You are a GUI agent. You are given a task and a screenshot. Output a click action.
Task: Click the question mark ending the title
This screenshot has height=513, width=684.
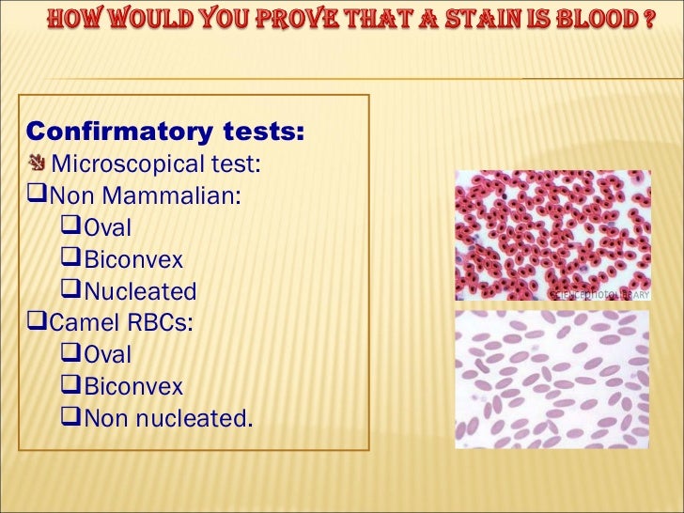coord(648,21)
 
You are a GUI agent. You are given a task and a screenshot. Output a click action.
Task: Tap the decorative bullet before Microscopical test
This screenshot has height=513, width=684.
coord(38,164)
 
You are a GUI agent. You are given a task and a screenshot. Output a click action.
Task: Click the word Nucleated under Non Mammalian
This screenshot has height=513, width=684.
coord(140,291)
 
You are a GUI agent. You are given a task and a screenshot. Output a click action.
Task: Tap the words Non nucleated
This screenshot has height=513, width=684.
coord(168,418)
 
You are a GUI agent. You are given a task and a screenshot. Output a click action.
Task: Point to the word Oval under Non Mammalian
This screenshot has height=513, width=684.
coord(107,228)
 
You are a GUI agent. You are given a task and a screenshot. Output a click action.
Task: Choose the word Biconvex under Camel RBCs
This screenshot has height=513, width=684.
coord(132,386)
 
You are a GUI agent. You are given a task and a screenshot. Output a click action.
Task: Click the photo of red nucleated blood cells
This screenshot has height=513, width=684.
coord(552,236)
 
